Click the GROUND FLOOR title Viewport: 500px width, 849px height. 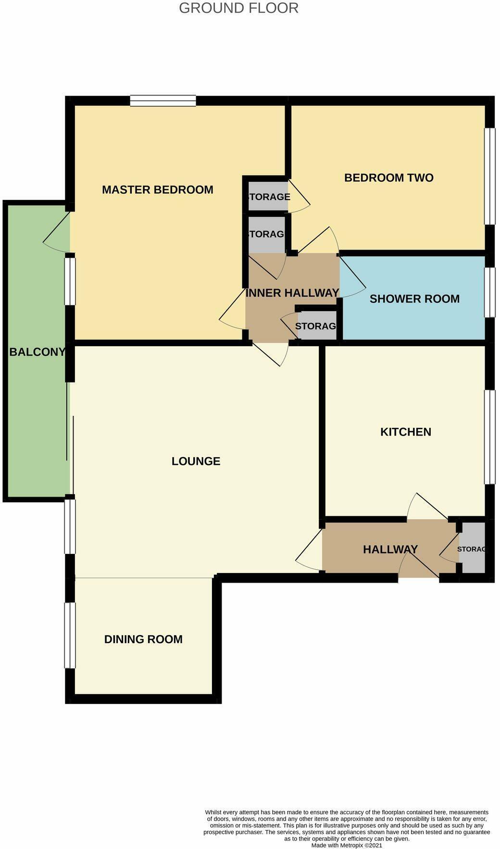pos(238,8)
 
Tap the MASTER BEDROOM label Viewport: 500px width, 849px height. pos(157,189)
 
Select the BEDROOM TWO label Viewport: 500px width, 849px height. pos(388,178)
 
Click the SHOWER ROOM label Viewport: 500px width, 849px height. pos(414,299)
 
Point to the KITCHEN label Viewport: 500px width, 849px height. pos(405,432)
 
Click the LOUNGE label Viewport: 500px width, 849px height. pos(196,461)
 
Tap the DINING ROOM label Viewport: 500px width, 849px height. pos(143,639)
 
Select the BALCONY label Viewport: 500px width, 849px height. pos(37,352)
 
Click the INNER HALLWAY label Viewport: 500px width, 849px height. pos(292,293)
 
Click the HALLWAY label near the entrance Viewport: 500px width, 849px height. pos(390,549)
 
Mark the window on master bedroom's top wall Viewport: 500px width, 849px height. pos(163,100)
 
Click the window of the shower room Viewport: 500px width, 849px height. pos(489,292)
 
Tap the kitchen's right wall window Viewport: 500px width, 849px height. pos(489,437)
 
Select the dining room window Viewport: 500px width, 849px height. pos(70,635)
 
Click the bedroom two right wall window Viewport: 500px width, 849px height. pos(489,176)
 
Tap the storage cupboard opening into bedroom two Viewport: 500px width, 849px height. pos(268,196)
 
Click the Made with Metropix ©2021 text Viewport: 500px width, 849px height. pos(347,845)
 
